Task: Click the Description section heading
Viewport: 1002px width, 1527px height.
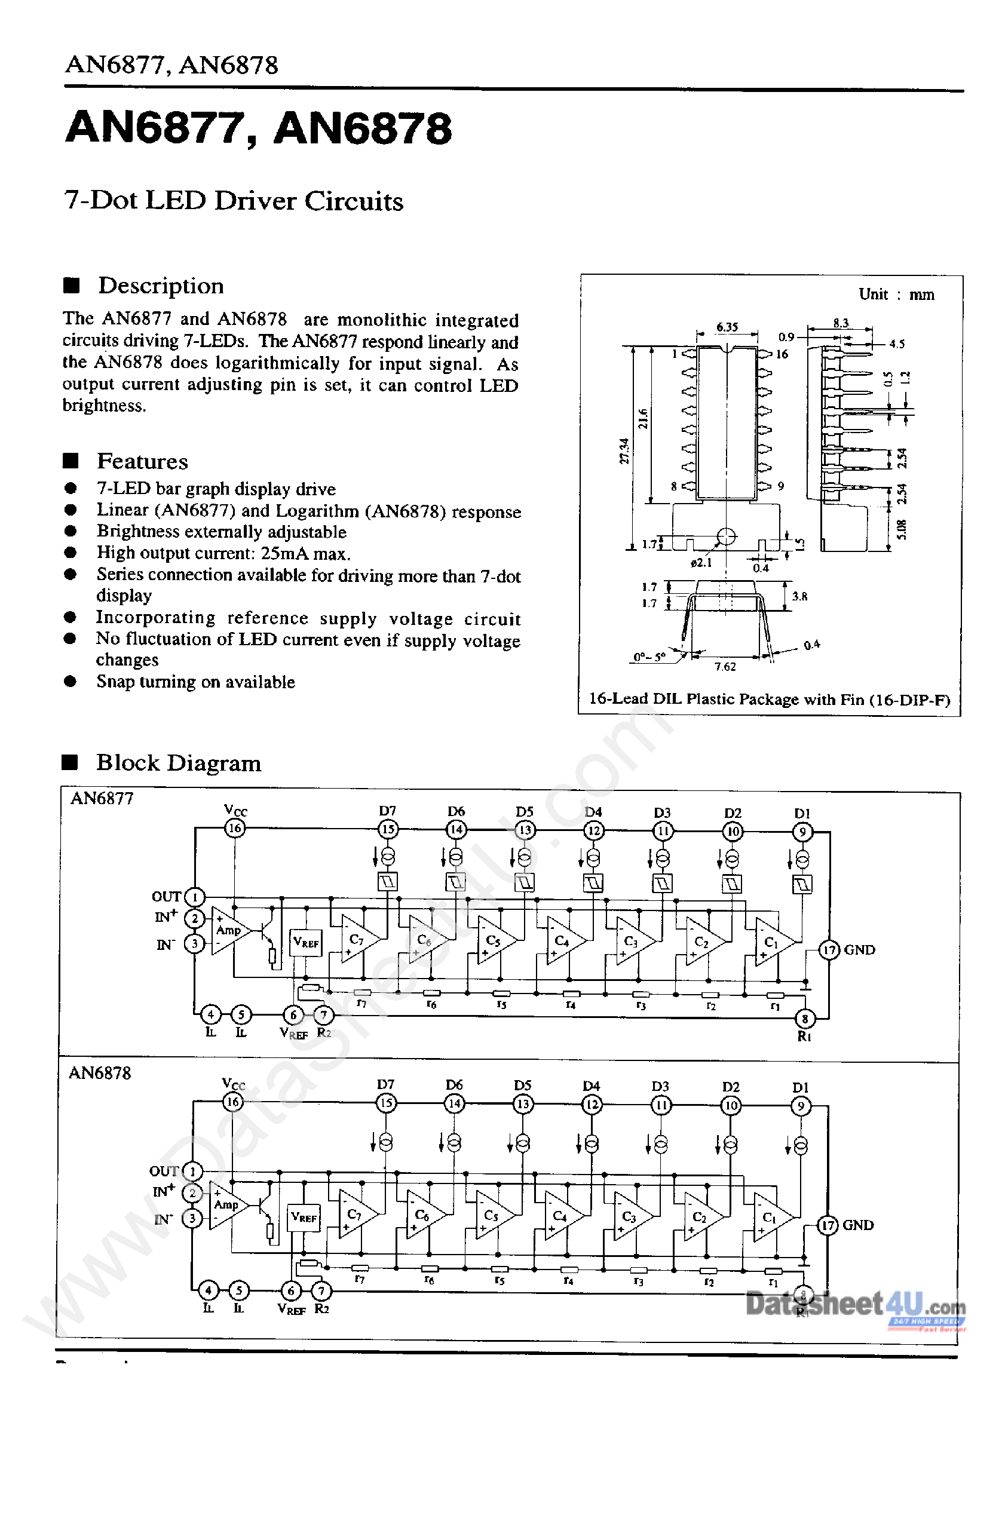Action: click(160, 286)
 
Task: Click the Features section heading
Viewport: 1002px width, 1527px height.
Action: click(142, 461)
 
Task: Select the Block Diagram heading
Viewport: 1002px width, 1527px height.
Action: click(178, 763)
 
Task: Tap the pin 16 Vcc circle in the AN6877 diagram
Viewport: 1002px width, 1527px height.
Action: click(235, 828)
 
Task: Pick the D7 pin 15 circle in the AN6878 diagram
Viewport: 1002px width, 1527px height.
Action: click(385, 1103)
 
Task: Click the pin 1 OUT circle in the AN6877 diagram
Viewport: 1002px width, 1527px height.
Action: click(194, 897)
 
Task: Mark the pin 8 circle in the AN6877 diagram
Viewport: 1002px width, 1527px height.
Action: click(804, 1018)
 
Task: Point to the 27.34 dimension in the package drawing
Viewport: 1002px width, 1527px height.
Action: click(624, 450)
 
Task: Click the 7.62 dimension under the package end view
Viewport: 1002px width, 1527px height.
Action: click(725, 667)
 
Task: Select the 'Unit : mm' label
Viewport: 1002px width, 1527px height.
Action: click(896, 295)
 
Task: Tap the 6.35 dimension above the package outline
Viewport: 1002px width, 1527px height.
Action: click(727, 327)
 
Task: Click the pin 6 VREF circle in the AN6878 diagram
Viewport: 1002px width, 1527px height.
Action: click(290, 1291)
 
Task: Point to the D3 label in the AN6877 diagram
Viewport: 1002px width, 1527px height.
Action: click(662, 813)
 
